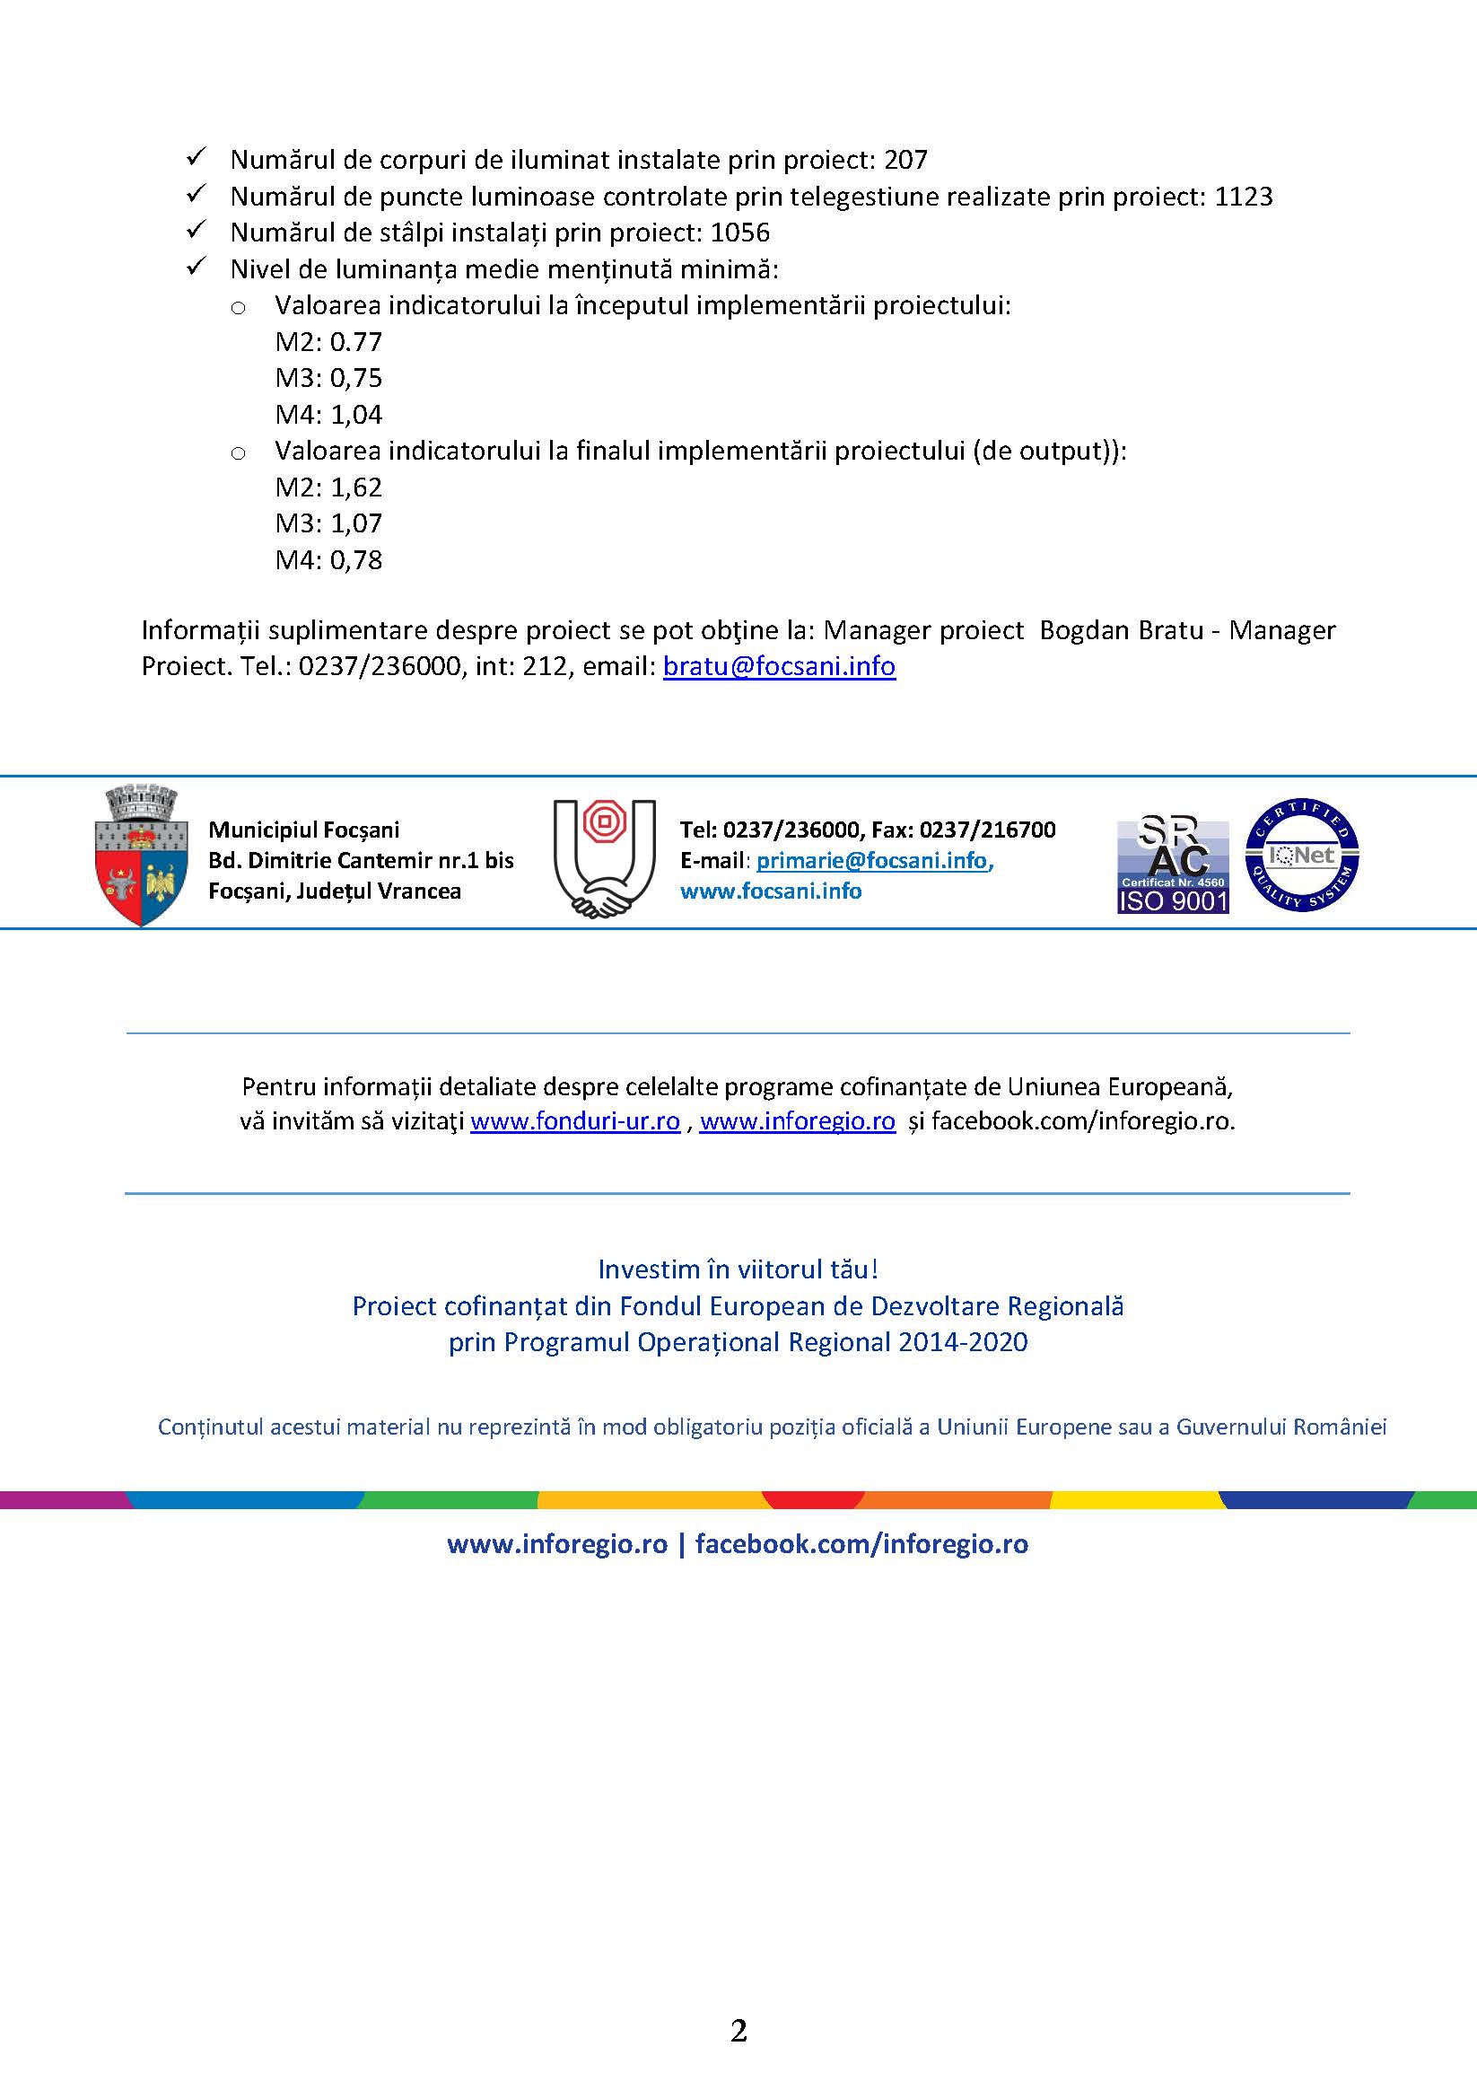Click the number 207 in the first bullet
pyautogui.click(x=905, y=160)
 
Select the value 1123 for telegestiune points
pyautogui.click(x=1243, y=197)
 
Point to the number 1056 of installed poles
pyautogui.click(x=739, y=233)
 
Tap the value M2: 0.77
pyautogui.click(x=328, y=342)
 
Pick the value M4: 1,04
pyautogui.click(x=328, y=415)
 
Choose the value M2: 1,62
pyautogui.click(x=328, y=487)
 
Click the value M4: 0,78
pyautogui.click(x=328, y=560)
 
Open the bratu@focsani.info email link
pyautogui.click(x=779, y=666)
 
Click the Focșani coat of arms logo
pyautogui.click(x=141, y=856)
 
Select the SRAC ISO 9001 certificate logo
pyautogui.click(x=1173, y=865)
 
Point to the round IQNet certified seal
pyautogui.click(x=1302, y=855)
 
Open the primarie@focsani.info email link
pyautogui.click(x=871, y=860)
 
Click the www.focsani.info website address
pyautogui.click(x=771, y=891)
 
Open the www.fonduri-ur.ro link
pyautogui.click(x=575, y=1120)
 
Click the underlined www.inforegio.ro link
pyautogui.click(x=797, y=1120)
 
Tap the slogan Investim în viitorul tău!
pyautogui.click(x=738, y=1269)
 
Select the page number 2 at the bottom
pyautogui.click(x=738, y=2031)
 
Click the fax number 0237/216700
pyautogui.click(x=987, y=830)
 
